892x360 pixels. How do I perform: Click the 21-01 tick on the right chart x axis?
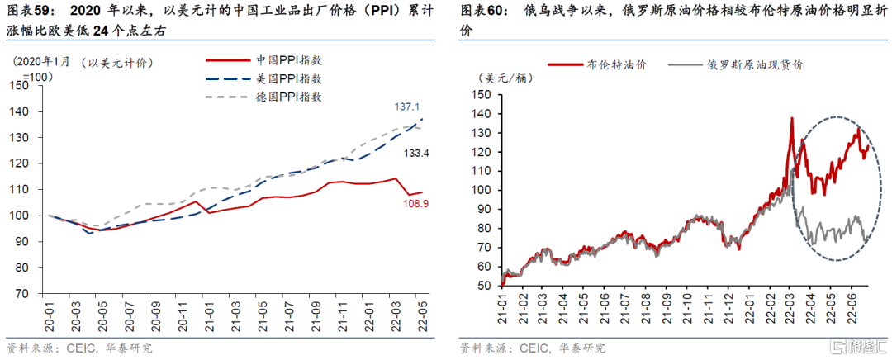tap(503, 305)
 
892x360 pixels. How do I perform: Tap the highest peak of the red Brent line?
tap(791, 118)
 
